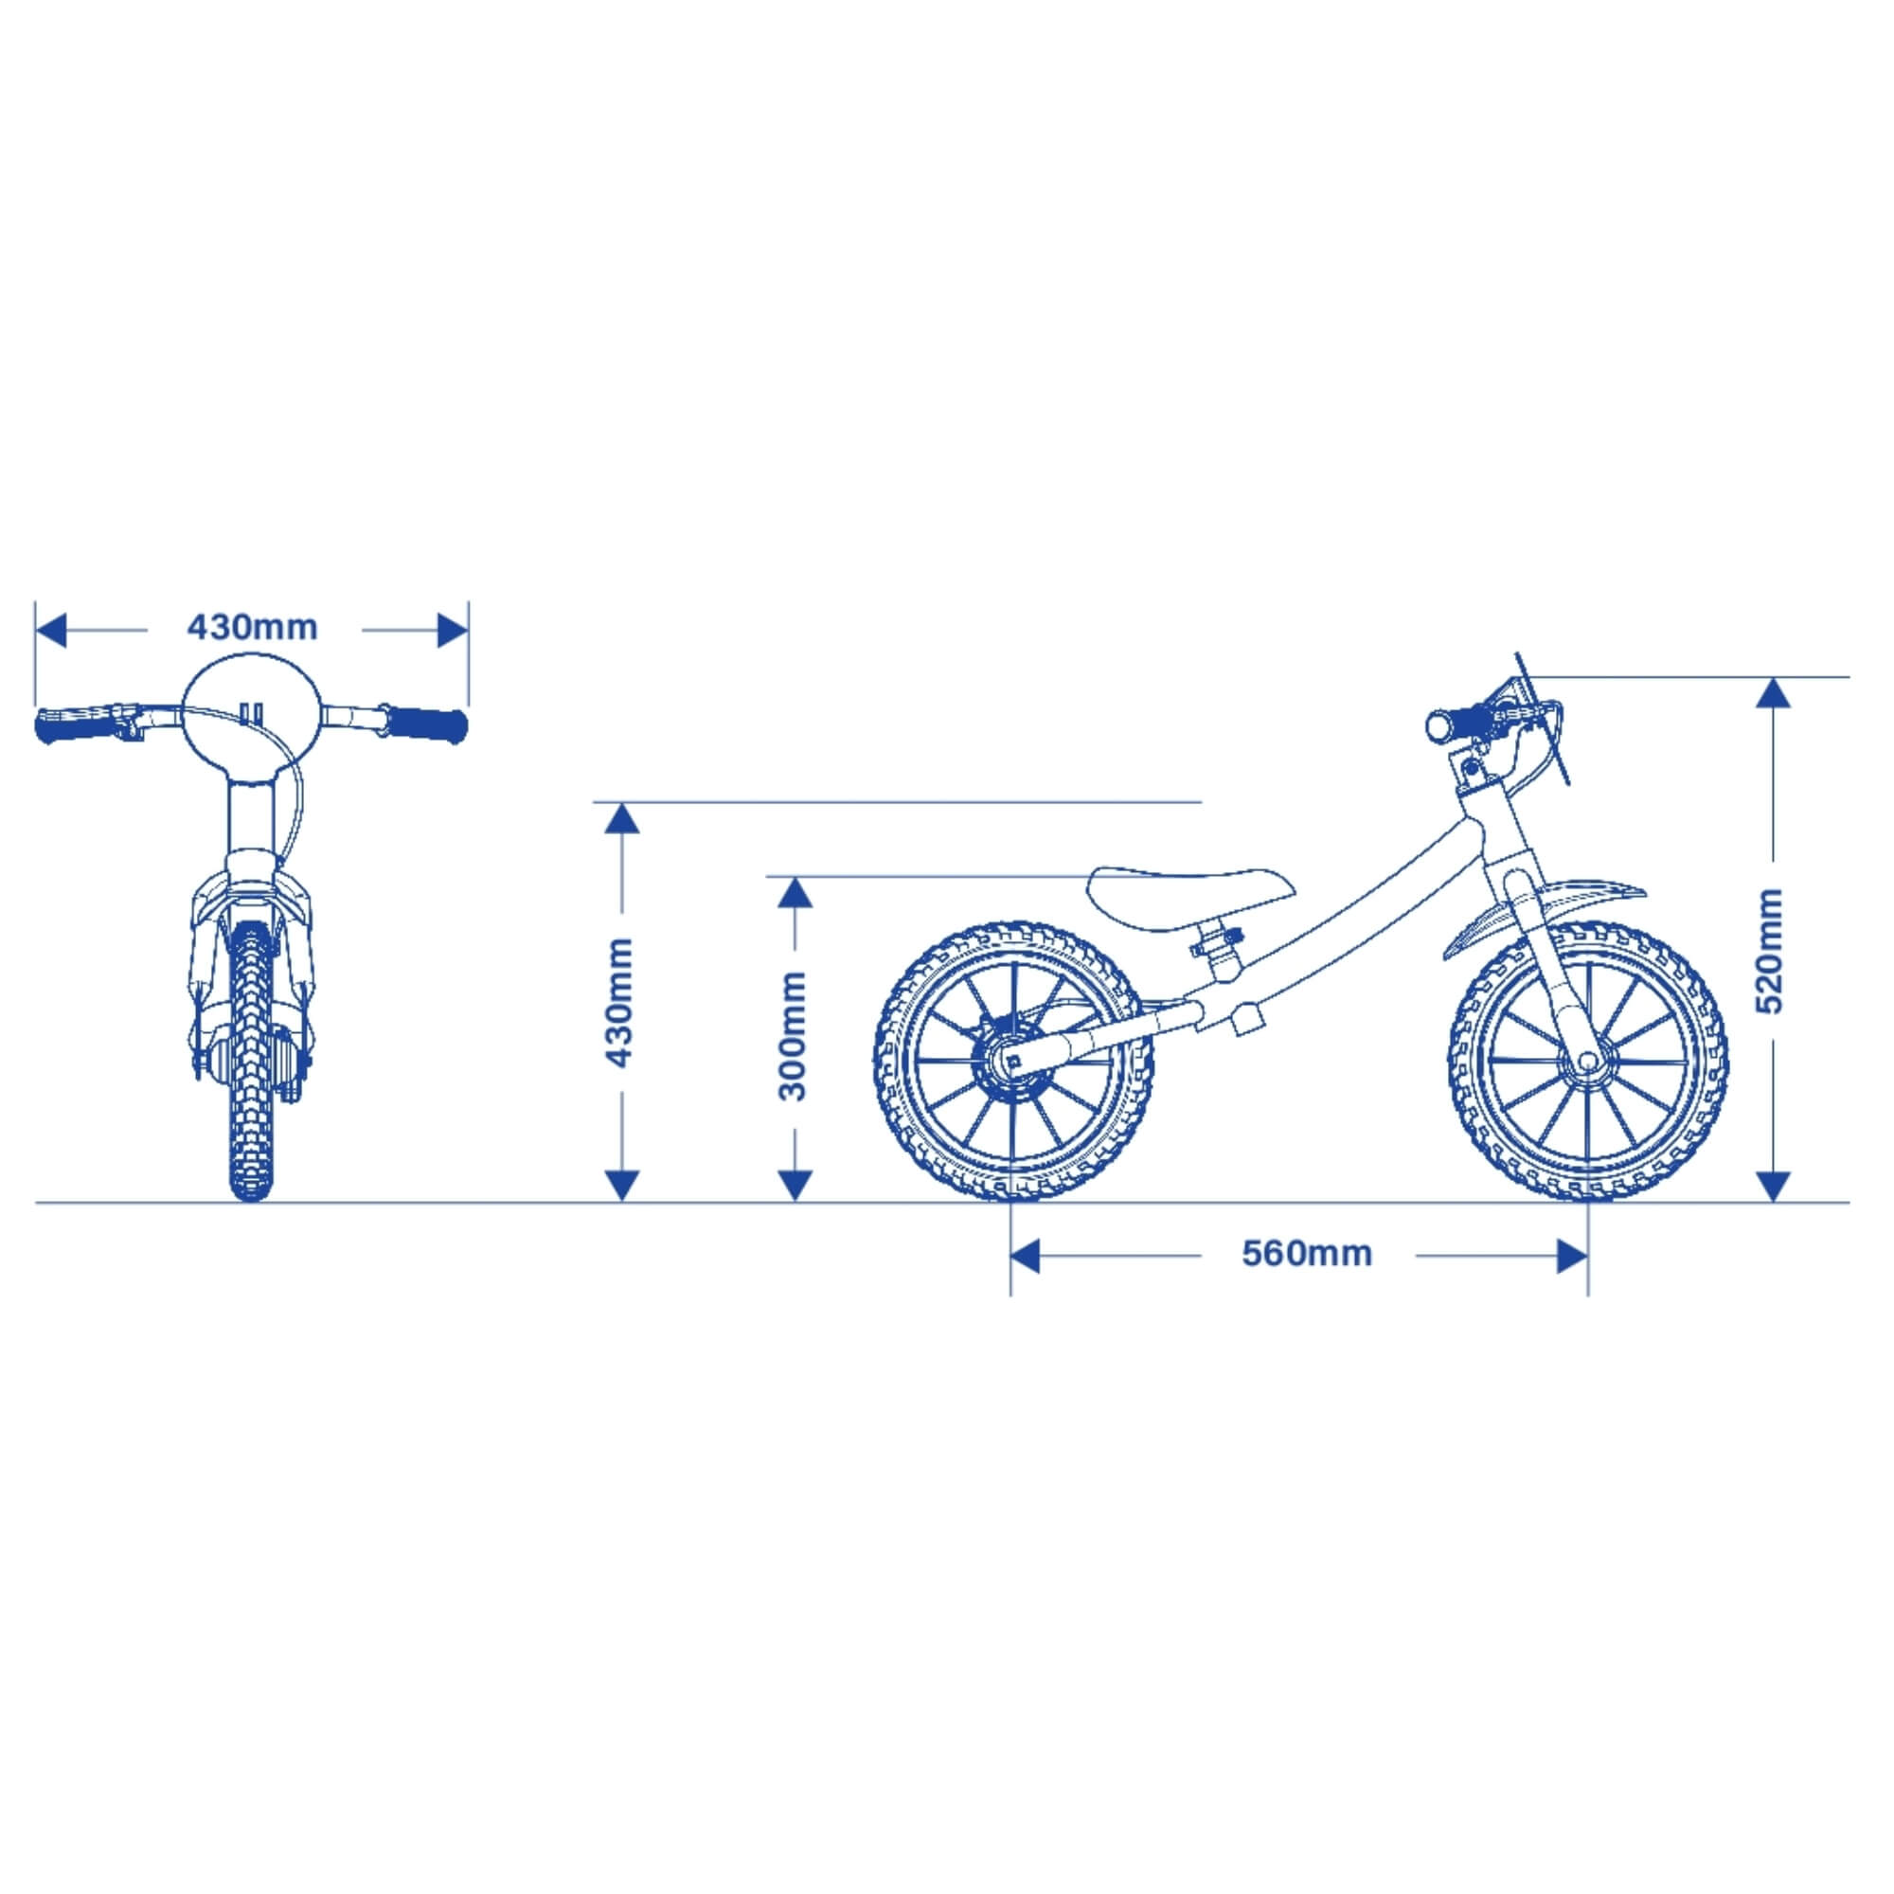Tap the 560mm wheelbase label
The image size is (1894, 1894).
click(x=1307, y=1253)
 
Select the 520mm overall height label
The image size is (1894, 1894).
click(x=1772, y=950)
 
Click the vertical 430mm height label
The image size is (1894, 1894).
click(x=619, y=1003)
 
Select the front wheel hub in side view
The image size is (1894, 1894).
click(x=1585, y=1062)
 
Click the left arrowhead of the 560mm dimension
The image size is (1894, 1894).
click(x=1025, y=1256)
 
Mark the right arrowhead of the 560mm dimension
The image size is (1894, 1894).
click(x=1571, y=1256)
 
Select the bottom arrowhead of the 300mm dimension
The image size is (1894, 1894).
click(x=795, y=1187)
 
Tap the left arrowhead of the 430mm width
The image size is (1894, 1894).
click(x=50, y=631)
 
